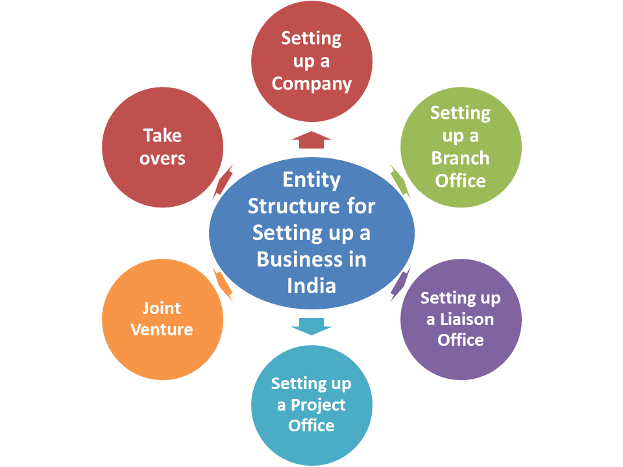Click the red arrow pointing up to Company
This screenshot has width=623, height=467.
(x=311, y=140)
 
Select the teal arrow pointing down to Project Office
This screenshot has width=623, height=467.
(x=311, y=326)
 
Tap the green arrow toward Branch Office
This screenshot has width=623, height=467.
(x=400, y=182)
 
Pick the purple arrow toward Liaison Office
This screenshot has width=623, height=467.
(x=400, y=284)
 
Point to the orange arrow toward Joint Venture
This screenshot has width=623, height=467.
(x=223, y=284)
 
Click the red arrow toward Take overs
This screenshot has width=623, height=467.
(x=223, y=182)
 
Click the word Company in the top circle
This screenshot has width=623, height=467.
(x=311, y=84)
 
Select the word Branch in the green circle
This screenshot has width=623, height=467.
(x=461, y=158)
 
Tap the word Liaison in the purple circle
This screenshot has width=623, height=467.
(x=467, y=319)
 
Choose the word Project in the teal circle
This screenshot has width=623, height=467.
(x=318, y=405)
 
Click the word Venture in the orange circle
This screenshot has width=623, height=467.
(x=162, y=329)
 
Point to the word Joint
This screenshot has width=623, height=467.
(x=162, y=308)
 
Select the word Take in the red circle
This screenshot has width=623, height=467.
(x=162, y=136)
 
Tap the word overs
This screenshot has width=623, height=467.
(x=162, y=158)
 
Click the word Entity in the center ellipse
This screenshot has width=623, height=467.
(x=312, y=180)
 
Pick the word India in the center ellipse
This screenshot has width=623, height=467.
(x=311, y=286)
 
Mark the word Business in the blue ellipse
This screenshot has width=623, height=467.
(x=294, y=259)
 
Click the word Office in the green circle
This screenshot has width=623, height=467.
(x=461, y=181)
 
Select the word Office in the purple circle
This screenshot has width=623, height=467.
(x=461, y=340)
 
